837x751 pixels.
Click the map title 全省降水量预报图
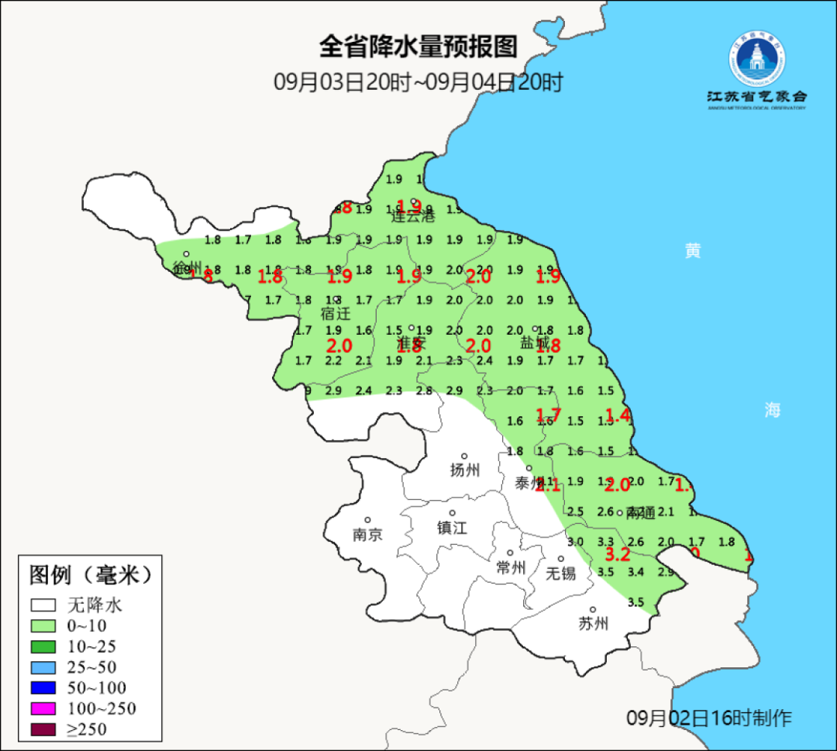click(418, 47)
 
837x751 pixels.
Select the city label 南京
click(367, 535)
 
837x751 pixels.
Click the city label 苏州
click(594, 624)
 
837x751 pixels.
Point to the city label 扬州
click(465, 470)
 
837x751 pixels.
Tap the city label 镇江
click(453, 528)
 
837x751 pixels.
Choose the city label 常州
click(511, 568)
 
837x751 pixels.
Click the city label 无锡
click(561, 574)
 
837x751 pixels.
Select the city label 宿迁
click(336, 314)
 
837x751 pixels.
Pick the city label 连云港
click(413, 216)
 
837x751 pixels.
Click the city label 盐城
click(535, 343)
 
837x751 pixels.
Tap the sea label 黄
click(692, 251)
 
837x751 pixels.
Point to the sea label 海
click(772, 411)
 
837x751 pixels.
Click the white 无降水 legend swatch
click(43, 605)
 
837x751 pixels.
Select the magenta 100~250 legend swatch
click(43, 708)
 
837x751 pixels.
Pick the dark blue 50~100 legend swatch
click(43, 687)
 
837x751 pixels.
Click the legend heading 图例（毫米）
click(89, 575)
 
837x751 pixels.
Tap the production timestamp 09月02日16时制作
click(709, 718)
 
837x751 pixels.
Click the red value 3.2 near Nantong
click(617, 554)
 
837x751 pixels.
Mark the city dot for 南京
click(368, 520)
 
